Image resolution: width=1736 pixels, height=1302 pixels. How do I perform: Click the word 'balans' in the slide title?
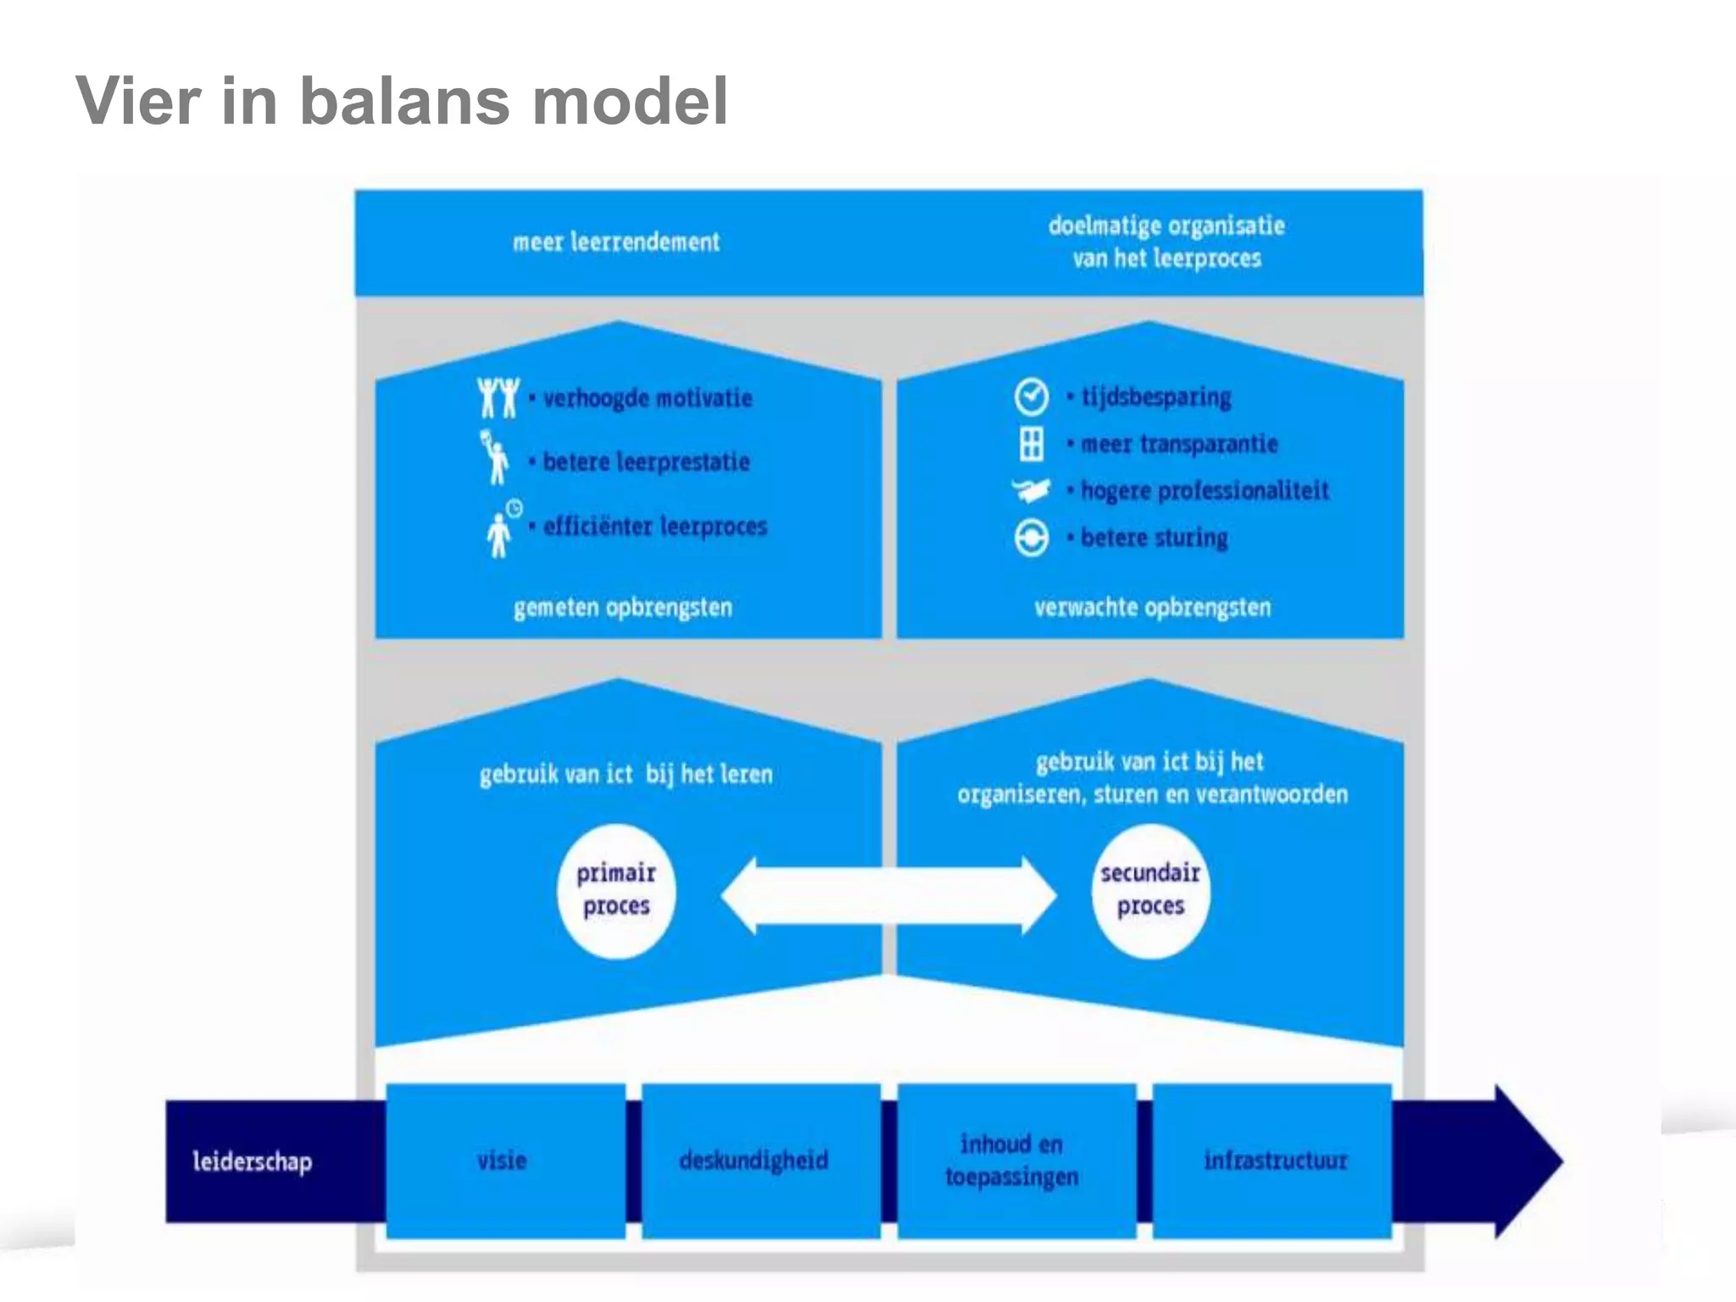[x=404, y=102]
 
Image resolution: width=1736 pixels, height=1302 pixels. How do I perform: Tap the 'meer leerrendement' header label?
[x=616, y=242]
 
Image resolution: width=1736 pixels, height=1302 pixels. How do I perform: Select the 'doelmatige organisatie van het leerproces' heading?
[x=1166, y=242]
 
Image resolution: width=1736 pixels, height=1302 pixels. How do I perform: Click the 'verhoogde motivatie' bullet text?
[x=647, y=398]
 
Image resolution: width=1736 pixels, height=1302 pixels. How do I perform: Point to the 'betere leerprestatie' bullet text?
[x=646, y=462]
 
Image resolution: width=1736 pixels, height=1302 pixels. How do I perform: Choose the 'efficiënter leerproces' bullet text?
[x=654, y=526]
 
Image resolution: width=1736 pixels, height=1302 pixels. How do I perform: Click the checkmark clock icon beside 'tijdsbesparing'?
[x=1031, y=397]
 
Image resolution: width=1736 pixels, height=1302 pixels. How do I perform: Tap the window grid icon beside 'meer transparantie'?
[x=1031, y=443]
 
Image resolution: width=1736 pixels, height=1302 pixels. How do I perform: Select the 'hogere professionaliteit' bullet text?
[x=1204, y=491]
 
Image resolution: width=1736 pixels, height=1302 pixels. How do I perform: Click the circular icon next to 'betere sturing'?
[x=1031, y=537]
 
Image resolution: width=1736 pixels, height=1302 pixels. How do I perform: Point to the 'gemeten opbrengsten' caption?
[x=622, y=608]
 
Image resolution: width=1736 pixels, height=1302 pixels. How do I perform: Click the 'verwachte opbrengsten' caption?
[x=1152, y=608]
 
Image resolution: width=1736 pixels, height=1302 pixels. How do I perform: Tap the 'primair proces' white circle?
[x=616, y=891]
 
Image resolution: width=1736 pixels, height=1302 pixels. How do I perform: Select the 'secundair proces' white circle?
[x=1150, y=891]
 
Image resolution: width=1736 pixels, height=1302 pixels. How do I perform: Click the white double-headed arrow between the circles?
[x=888, y=895]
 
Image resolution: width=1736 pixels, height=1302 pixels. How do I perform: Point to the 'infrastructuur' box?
[x=1273, y=1160]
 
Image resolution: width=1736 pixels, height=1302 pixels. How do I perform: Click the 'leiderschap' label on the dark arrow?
[x=252, y=1161]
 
